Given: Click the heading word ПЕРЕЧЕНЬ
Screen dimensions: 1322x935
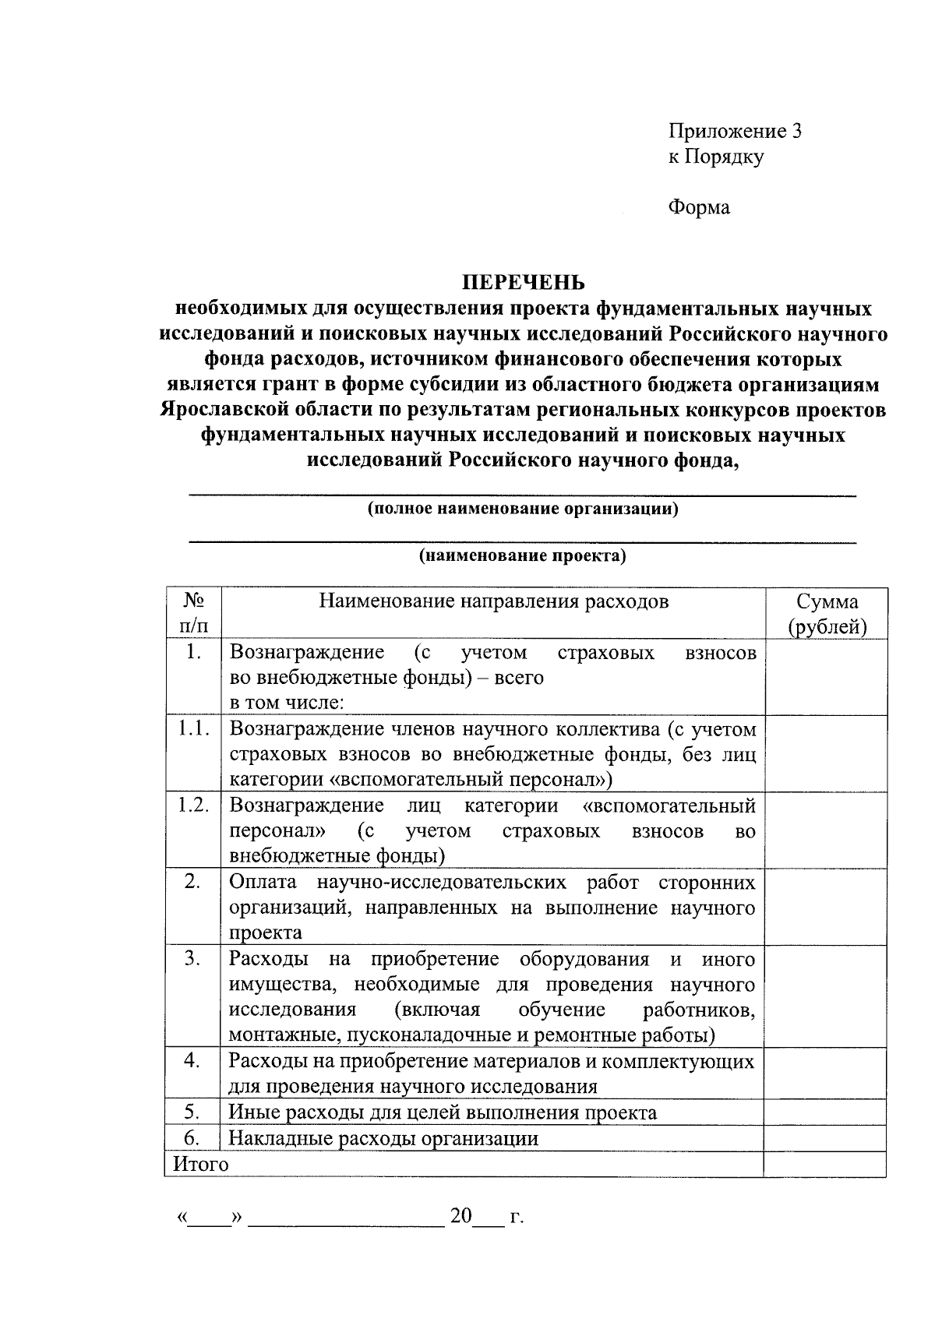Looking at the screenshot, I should pos(523,282).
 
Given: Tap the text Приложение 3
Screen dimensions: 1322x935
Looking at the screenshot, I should pos(735,131).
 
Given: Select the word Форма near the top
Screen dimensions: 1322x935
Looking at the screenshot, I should pos(699,207).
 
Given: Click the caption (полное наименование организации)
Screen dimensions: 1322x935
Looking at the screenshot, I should pos(523,509).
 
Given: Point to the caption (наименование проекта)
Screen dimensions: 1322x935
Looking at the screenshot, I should pos(523,556).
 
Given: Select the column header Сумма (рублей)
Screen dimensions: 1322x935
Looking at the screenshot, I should pos(827,614).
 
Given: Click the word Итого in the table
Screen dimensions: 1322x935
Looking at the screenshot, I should pos(201,1164).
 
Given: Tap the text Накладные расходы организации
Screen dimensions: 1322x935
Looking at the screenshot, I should pos(383,1138).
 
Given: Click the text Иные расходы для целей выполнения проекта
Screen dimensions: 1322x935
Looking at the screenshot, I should pos(443,1112).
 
